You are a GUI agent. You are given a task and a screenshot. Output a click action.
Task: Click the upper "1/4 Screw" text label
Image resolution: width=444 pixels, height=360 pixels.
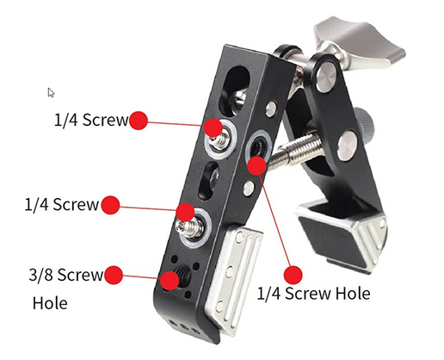pos(89,121)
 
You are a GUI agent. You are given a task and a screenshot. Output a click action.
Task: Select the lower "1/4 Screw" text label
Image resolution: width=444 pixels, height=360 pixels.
pos(62,206)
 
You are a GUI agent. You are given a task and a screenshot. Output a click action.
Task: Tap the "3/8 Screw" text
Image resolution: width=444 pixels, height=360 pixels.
pos(66,276)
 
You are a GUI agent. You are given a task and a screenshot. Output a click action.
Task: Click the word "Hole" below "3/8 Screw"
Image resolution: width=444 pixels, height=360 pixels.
pos(49,303)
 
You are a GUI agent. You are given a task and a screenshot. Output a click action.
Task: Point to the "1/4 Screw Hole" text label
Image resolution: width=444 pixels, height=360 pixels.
pos(314,294)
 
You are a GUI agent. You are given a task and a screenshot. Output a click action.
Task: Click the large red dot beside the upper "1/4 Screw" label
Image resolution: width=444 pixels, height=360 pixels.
pos(139,121)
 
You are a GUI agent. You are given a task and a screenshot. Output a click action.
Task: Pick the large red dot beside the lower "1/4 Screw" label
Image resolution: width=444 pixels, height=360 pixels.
pos(111,206)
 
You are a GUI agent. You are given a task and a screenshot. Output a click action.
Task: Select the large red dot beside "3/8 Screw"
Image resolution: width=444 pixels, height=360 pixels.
pos(114,276)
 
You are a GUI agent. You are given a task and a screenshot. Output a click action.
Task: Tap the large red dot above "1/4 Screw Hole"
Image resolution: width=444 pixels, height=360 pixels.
pos(293,275)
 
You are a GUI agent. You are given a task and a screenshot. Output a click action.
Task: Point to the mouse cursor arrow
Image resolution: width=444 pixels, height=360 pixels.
pos(51,92)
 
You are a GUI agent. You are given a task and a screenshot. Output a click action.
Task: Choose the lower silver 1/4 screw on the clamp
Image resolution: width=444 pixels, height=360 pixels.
pos(186,215)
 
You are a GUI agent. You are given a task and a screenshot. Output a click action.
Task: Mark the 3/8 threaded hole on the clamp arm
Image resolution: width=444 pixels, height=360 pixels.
pos(170,280)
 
